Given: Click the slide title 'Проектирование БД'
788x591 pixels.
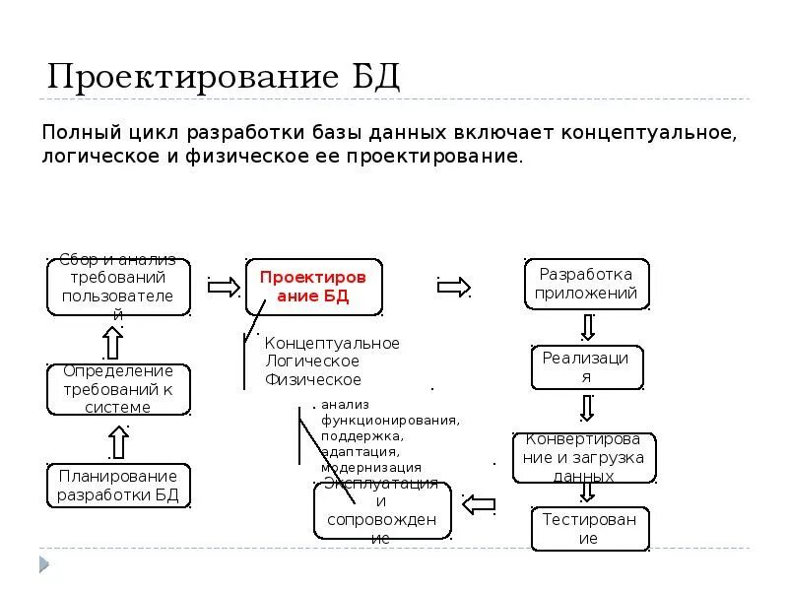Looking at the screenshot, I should (x=224, y=77).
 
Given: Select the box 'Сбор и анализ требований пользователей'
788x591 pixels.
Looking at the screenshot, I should (x=118, y=287).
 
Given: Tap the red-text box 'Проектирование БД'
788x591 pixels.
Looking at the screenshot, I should (x=313, y=288).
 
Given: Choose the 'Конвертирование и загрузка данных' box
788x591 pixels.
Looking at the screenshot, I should (x=584, y=458).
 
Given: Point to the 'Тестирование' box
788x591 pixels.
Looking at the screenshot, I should (x=588, y=529).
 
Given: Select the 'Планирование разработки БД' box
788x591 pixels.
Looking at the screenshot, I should (x=118, y=486).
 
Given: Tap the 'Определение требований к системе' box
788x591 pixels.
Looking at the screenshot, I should (x=118, y=389).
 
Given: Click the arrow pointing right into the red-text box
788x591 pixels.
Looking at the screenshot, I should (x=224, y=287).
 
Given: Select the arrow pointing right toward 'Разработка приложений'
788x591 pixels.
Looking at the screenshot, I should (x=453, y=287).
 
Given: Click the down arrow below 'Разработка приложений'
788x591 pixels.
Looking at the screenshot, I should (x=588, y=326).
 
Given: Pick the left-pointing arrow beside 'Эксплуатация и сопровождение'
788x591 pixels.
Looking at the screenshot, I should (x=479, y=504).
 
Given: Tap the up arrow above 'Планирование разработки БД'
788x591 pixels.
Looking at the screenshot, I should (x=118, y=441).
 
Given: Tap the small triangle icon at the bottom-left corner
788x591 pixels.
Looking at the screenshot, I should (x=42, y=564).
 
